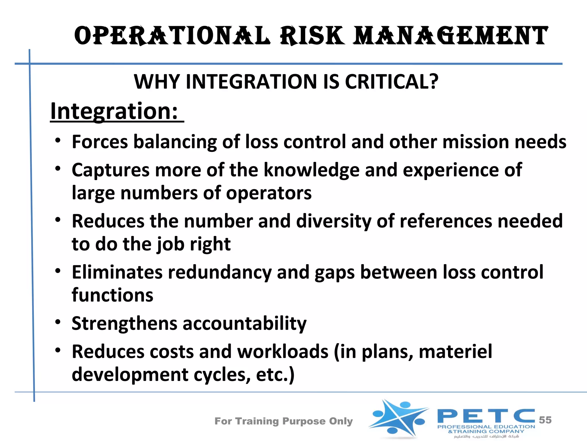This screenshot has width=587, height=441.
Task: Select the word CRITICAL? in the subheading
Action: coord(392,82)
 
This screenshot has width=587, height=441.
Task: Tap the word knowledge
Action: coord(311,170)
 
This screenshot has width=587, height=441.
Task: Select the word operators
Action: coord(269,193)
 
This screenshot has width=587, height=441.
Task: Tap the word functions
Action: coord(112,295)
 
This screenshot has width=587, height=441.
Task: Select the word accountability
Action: coord(244,323)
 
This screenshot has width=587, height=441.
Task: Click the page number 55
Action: coord(545,420)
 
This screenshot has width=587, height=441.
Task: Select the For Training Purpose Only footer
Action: coord(283,421)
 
